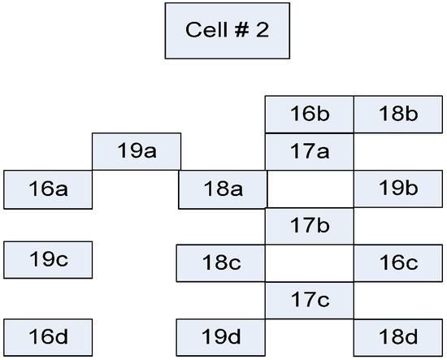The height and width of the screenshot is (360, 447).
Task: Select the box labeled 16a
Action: click(48, 189)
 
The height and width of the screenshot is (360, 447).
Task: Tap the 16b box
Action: click(309, 115)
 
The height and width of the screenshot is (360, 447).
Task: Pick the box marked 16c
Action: click(398, 262)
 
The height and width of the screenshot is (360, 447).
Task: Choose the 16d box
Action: click(48, 334)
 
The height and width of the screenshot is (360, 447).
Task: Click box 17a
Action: click(309, 151)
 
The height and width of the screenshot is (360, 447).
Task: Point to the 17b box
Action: click(309, 225)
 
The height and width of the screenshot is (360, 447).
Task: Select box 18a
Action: click(223, 189)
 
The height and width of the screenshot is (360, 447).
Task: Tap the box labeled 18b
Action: click(398, 115)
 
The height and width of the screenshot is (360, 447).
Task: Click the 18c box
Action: click(221, 262)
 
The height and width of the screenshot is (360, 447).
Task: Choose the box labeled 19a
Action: click(137, 151)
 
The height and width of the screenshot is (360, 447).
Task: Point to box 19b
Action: click(398, 189)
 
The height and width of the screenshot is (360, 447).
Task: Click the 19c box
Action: click(48, 260)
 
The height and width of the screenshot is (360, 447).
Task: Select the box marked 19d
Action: click(221, 334)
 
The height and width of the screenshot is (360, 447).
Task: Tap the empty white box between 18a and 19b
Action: click(310, 189)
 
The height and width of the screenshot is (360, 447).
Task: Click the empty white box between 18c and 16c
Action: click(310, 262)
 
